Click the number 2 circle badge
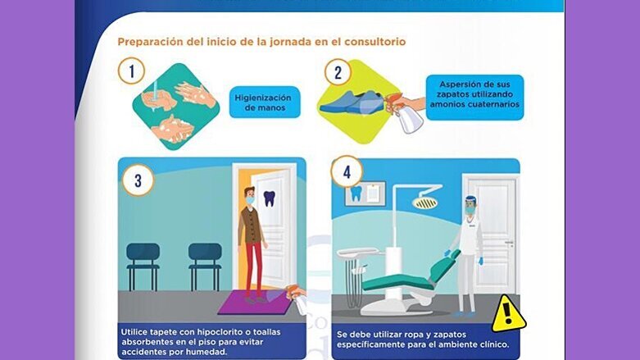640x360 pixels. [x=337, y=71]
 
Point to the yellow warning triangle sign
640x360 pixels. [x=508, y=312]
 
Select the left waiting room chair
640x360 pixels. [x=143, y=262]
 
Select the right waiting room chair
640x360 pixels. [x=204, y=262]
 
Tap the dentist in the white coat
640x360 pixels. [x=468, y=250]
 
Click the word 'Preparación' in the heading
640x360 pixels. [x=152, y=41]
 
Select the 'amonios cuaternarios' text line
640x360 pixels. [x=474, y=104]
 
